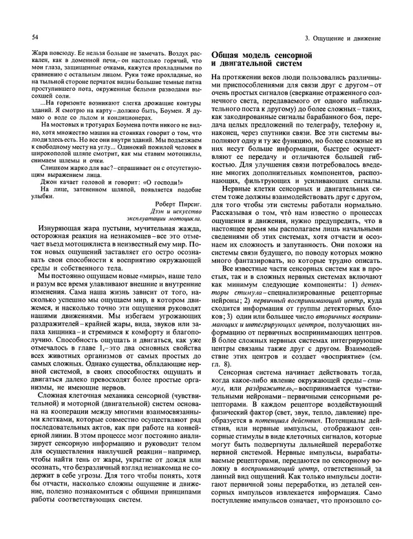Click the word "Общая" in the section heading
pos(227,54)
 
